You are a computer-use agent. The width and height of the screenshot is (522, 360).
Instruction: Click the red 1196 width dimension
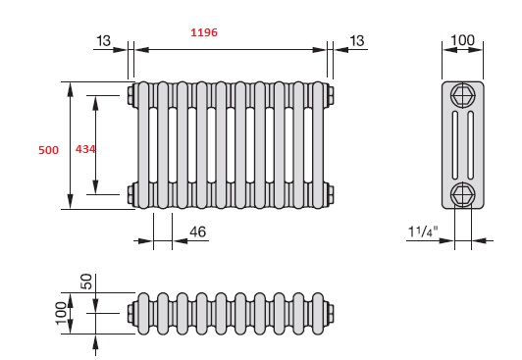(204, 32)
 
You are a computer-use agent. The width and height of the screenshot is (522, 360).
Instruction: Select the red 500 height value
(49, 150)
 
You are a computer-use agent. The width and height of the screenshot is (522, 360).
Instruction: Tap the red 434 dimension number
(85, 149)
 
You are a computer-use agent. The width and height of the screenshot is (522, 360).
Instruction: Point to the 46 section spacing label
(198, 231)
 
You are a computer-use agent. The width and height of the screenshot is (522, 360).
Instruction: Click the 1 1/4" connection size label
(423, 231)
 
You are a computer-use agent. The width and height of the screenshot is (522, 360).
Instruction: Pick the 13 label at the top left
(103, 41)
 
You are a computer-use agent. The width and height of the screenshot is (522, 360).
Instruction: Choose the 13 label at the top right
(357, 41)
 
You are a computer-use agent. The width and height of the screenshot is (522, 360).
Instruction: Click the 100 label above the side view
(462, 40)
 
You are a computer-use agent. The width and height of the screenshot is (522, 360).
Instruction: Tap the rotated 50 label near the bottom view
(86, 282)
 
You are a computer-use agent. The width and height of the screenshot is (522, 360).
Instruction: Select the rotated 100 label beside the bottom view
(61, 313)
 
